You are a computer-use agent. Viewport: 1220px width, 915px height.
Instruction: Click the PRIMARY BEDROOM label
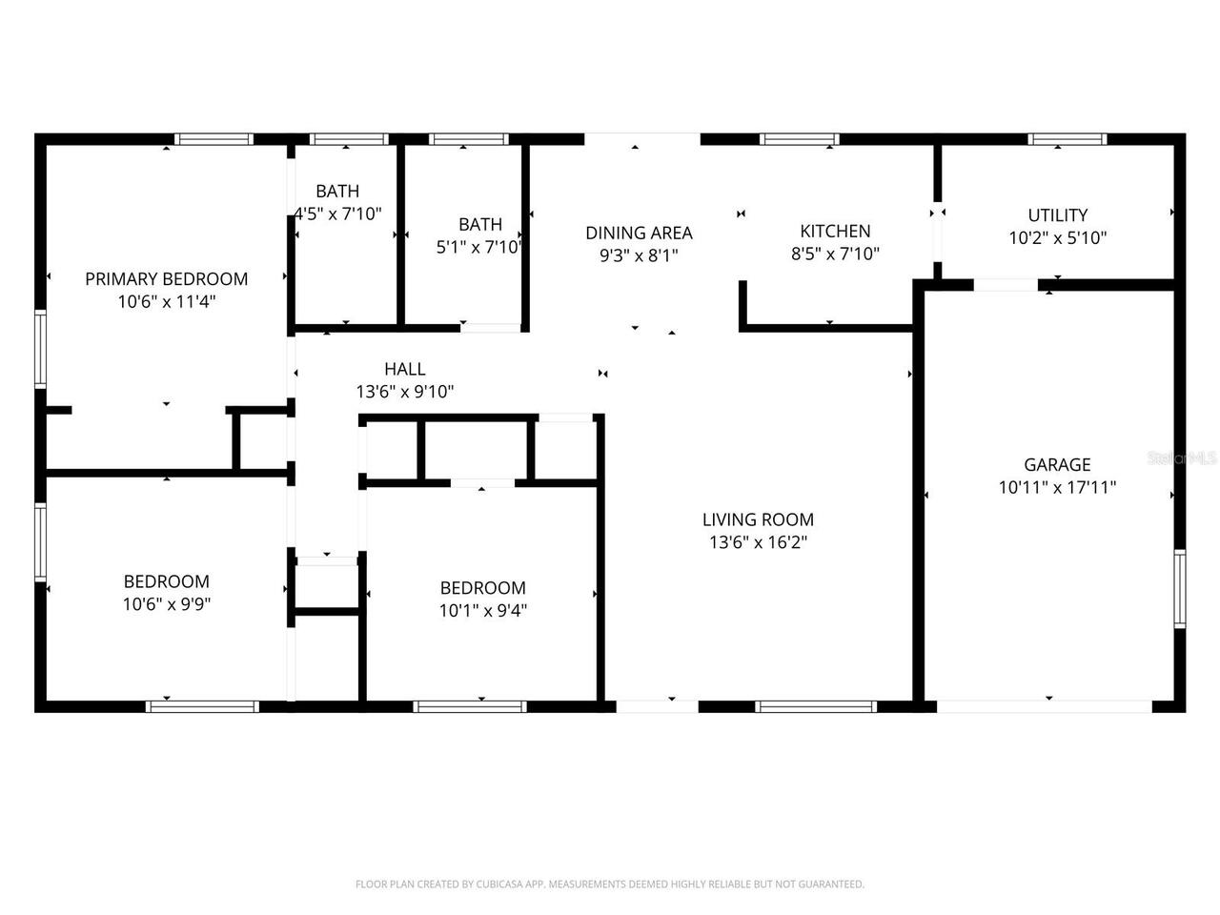click(167, 279)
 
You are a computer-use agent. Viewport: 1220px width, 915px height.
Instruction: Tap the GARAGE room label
click(1057, 465)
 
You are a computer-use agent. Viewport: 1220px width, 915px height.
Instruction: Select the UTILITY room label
click(1057, 215)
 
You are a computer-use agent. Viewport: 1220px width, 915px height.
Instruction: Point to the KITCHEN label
click(835, 232)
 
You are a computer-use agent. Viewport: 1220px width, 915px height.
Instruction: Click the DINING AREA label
click(639, 234)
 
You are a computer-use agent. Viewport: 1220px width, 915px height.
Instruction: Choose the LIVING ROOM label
click(758, 520)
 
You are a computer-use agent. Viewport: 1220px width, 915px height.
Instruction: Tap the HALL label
click(405, 369)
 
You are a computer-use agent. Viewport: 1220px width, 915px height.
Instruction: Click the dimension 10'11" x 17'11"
click(1057, 488)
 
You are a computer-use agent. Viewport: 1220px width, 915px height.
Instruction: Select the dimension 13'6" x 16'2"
click(758, 543)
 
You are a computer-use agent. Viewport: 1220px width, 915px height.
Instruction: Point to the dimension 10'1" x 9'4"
click(483, 611)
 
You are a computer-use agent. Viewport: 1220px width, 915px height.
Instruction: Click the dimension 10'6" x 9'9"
click(167, 604)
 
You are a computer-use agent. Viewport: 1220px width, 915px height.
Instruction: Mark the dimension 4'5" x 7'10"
click(338, 214)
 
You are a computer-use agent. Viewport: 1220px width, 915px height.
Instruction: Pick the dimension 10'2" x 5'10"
click(1057, 238)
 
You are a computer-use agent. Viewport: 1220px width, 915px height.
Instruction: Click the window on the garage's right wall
click(1179, 588)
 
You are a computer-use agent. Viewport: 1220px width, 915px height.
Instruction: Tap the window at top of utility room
click(1067, 139)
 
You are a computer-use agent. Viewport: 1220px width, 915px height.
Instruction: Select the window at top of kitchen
click(799, 139)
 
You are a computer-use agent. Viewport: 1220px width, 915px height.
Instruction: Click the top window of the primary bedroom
click(214, 139)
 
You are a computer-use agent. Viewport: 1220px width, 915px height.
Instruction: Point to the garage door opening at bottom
click(1045, 706)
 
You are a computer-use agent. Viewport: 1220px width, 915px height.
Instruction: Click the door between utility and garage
click(1006, 285)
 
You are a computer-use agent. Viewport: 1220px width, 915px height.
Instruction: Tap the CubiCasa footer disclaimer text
click(610, 884)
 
